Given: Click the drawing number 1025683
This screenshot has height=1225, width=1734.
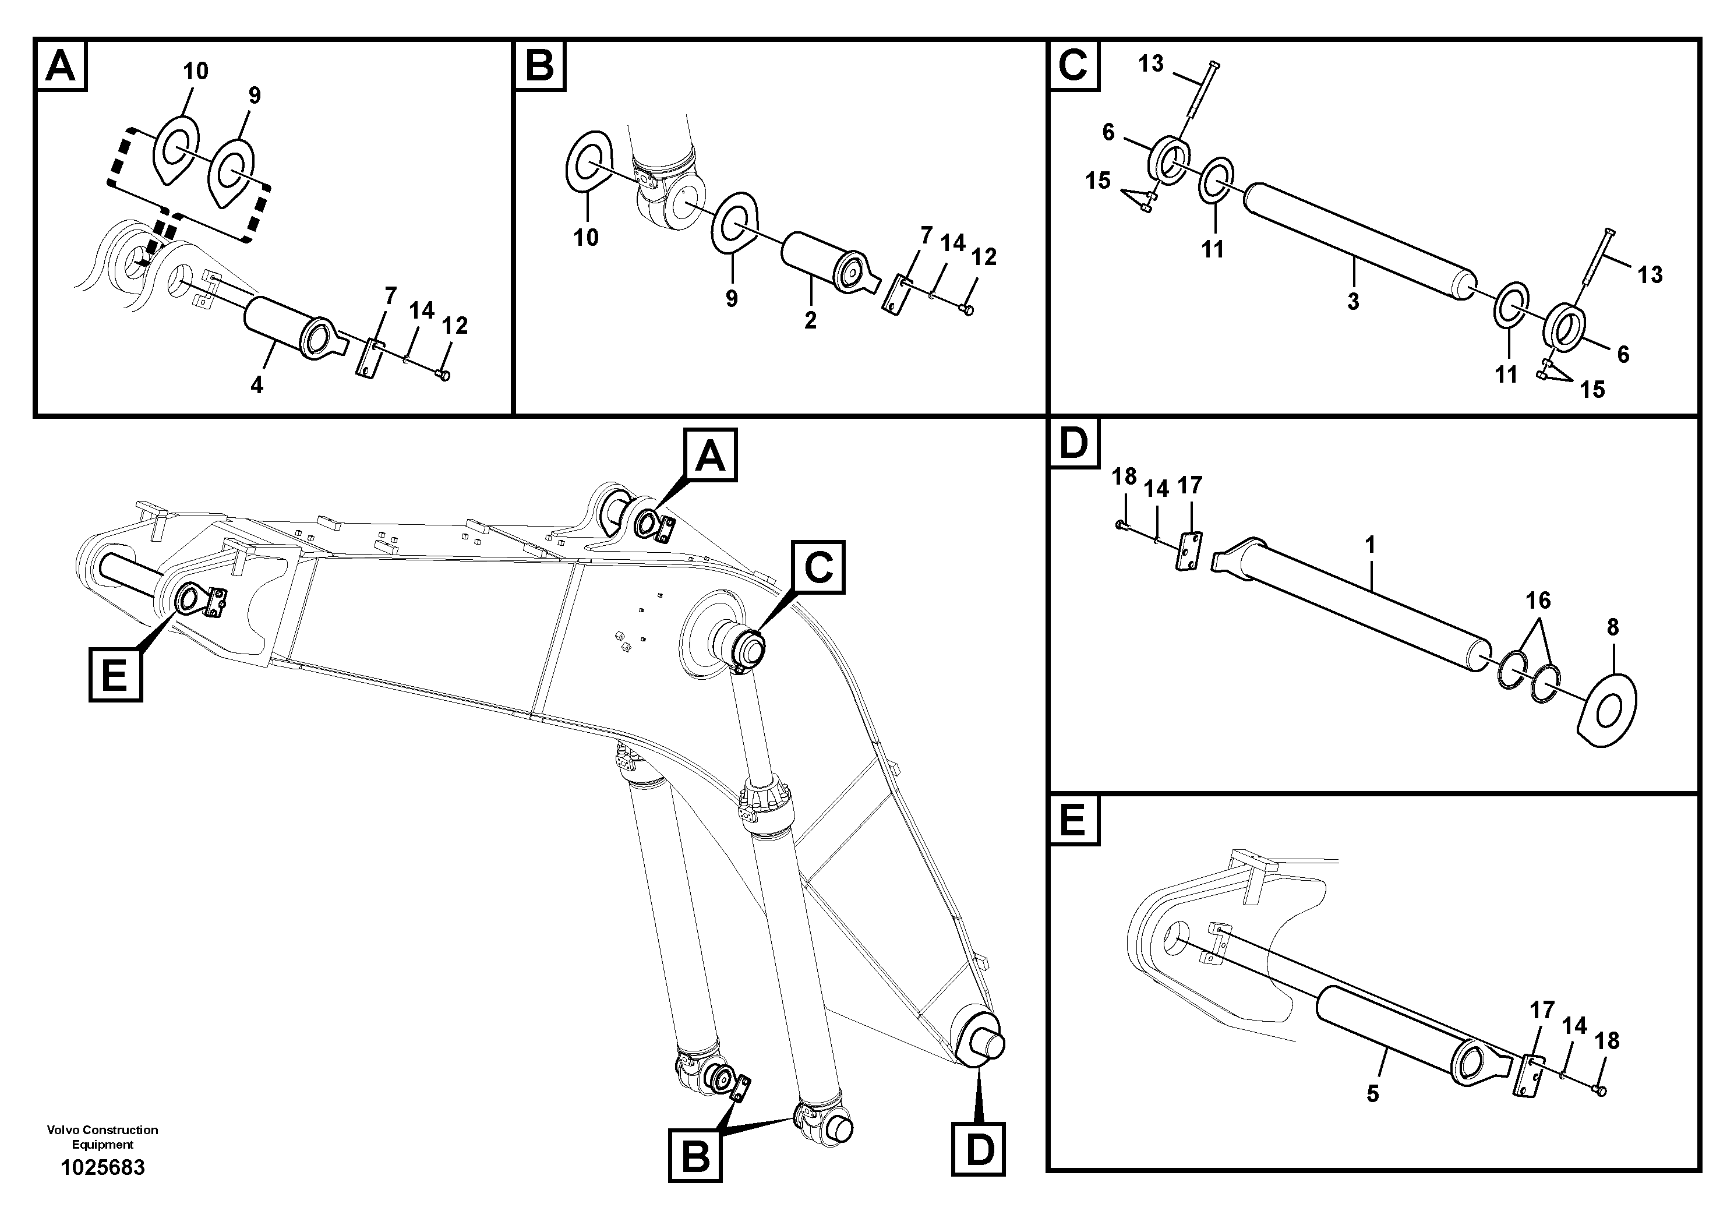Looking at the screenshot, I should [x=103, y=1167].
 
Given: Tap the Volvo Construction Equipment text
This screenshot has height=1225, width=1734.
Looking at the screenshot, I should [x=103, y=1136].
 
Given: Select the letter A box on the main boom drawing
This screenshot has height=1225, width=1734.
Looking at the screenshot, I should [x=710, y=456].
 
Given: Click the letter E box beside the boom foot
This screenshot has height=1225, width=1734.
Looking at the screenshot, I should [x=115, y=675].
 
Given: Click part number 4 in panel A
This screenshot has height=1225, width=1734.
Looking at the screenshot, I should [x=257, y=385].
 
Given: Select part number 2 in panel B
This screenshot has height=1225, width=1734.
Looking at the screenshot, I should [x=810, y=320].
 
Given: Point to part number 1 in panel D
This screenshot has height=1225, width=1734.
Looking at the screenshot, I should [x=1370, y=545].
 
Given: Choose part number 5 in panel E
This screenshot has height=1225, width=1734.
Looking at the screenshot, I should [x=1372, y=1093].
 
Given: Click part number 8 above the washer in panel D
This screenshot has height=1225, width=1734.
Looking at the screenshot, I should [x=1612, y=627].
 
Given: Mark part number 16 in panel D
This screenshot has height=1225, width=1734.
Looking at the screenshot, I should [x=1538, y=601].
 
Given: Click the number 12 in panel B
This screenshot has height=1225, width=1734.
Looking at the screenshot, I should [x=983, y=257].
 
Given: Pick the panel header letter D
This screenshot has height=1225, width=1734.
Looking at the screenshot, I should [x=1073, y=443].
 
